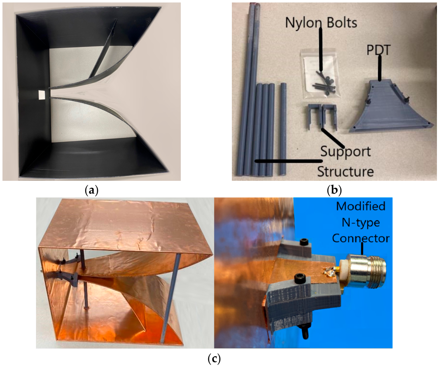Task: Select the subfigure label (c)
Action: (x=214, y=359)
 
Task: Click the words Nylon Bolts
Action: (x=321, y=22)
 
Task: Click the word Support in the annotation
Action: (x=346, y=152)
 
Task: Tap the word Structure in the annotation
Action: (x=345, y=171)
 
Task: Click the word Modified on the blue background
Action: (x=361, y=206)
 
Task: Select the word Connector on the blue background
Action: (x=361, y=238)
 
